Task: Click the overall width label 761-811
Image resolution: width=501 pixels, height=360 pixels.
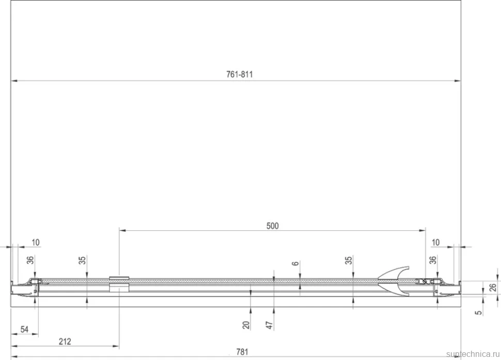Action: (239, 74)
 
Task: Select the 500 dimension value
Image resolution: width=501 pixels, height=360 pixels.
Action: (272, 226)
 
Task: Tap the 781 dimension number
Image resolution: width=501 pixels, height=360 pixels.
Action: (242, 352)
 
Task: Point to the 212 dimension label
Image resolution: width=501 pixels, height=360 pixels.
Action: (65, 341)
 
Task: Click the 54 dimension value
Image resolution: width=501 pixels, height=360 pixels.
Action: (24, 330)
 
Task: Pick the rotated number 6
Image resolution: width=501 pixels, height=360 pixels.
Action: (295, 263)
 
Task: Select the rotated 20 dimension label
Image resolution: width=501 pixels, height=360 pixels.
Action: (246, 325)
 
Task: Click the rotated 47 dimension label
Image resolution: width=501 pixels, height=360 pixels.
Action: (270, 325)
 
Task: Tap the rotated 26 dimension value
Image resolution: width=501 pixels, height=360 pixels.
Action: (493, 288)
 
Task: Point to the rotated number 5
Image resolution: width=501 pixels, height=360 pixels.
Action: (478, 312)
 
